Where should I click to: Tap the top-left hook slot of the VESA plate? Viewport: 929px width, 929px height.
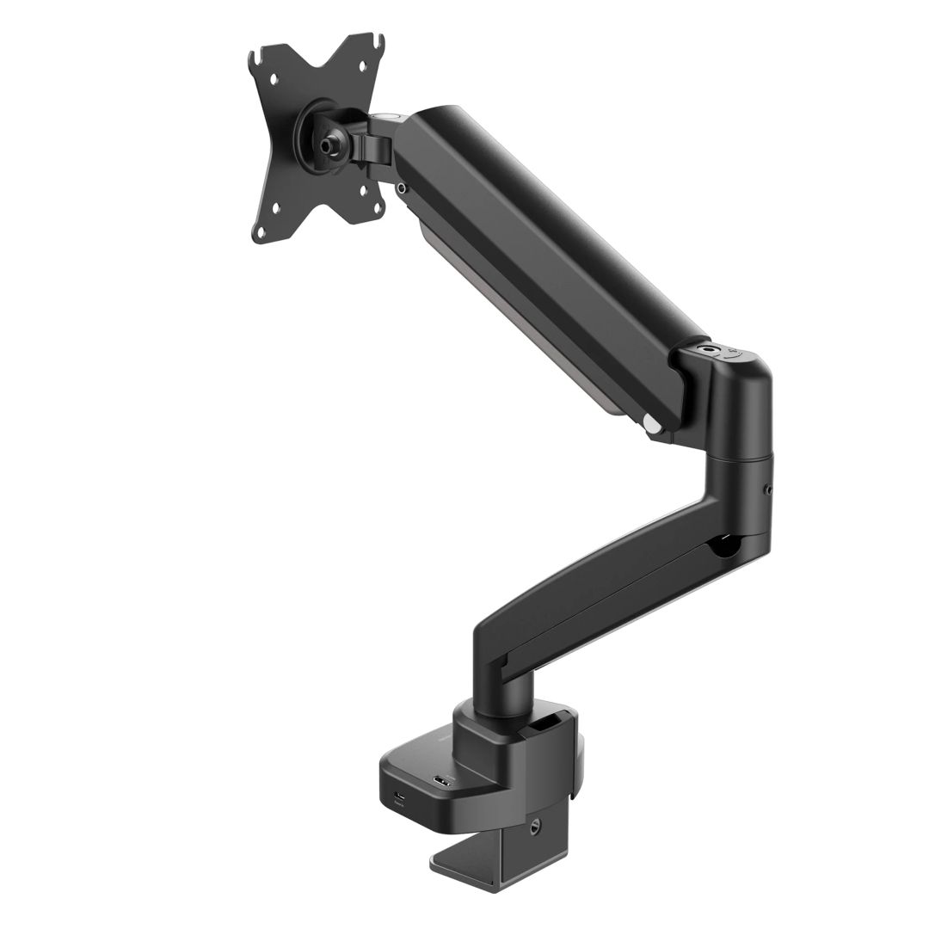click(255, 59)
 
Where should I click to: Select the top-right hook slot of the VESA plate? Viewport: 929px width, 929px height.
click(376, 40)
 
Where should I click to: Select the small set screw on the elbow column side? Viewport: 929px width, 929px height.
click(767, 491)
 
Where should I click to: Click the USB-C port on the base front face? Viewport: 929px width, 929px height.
click(400, 795)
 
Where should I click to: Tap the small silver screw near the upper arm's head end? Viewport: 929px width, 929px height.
click(401, 187)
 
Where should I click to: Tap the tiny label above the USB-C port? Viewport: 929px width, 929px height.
click(400, 805)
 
